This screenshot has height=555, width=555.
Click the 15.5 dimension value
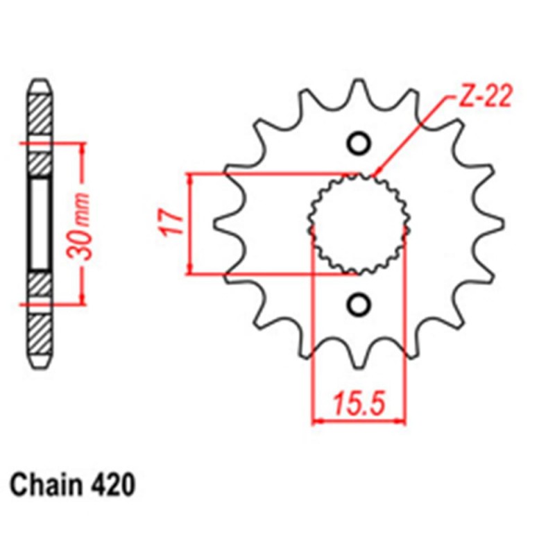pyautogui.click(x=359, y=402)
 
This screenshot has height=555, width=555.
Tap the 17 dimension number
pyautogui.click(x=174, y=223)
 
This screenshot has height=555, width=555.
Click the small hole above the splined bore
pyautogui.click(x=359, y=143)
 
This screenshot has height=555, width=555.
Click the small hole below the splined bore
pyautogui.click(x=359, y=303)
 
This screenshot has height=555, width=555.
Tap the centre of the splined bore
pyautogui.click(x=359, y=223)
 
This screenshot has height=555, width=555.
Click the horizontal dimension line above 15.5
pyautogui.click(x=359, y=420)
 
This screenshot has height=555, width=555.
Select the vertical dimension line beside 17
pyautogui.click(x=190, y=223)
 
